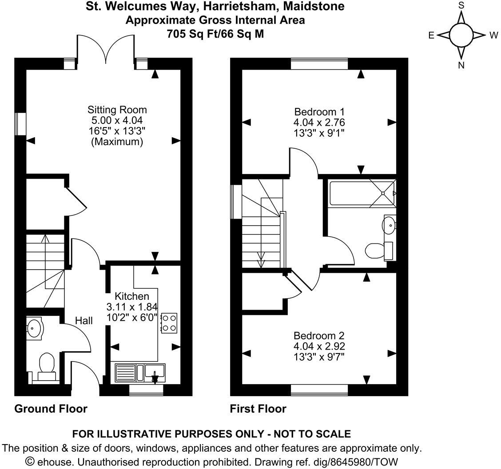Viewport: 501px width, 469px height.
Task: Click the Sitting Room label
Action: pos(117,110)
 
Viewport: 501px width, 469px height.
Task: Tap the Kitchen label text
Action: pos(132,296)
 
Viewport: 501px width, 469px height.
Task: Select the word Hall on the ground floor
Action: pos(83,320)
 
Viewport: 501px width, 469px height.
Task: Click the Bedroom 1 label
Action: pos(319,111)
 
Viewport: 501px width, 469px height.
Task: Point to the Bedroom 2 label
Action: pos(319,336)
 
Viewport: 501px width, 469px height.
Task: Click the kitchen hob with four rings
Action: pos(169,323)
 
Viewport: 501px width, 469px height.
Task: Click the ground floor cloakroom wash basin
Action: pos(34,328)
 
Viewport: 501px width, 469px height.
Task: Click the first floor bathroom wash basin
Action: pos(389,225)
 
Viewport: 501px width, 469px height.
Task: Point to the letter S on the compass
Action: pos(461,5)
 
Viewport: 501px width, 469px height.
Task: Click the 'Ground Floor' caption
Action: pos(51,409)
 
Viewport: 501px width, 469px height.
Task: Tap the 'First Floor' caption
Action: pos(258,409)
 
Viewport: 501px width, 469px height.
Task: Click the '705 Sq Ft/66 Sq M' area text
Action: pos(215,34)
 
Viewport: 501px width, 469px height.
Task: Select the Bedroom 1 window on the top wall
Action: pos(319,65)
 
